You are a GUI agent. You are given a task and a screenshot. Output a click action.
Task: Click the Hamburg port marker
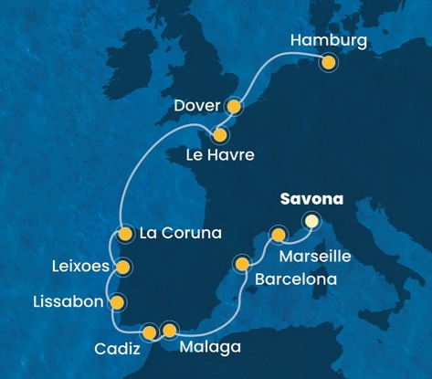point(329,62)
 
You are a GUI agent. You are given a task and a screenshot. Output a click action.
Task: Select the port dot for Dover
point(234,107)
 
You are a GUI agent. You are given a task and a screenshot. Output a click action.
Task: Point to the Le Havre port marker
point(219,134)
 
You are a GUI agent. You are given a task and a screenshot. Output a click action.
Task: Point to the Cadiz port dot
point(150,332)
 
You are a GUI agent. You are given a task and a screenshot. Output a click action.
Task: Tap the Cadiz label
point(117,349)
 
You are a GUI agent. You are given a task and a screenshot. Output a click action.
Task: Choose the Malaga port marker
point(169,330)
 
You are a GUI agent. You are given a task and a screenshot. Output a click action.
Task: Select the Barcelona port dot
point(242,266)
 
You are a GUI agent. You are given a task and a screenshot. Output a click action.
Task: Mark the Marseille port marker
point(279,237)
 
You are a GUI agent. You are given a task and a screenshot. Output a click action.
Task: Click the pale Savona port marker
point(312,220)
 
